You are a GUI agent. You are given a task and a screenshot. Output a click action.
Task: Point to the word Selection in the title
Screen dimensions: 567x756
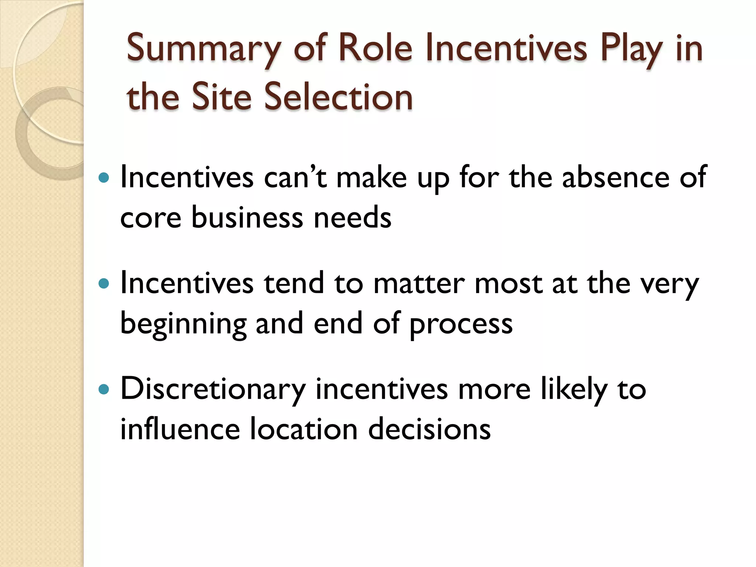(339, 97)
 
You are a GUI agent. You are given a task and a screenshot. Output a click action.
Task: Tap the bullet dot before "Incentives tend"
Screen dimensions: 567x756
(104, 283)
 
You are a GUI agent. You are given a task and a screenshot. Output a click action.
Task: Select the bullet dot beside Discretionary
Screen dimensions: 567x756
(104, 389)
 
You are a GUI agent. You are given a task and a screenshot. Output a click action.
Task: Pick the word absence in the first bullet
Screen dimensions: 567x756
(615, 178)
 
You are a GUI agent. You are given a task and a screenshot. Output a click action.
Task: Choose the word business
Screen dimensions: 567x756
(247, 217)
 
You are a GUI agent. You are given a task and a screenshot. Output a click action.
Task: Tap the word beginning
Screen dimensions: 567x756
(183, 324)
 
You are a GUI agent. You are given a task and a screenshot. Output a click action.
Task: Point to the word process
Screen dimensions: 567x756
(461, 324)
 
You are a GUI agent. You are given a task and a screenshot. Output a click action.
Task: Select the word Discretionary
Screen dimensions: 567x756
(213, 389)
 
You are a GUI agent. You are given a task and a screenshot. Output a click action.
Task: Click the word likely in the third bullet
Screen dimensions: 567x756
(574, 389)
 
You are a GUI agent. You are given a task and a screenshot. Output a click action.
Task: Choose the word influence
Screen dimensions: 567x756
(180, 429)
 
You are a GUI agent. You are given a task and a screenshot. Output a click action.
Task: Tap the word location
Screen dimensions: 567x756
(304, 429)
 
